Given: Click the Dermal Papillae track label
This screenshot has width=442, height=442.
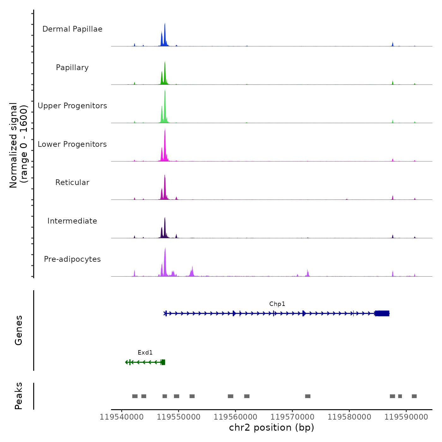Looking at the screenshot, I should point(72,29).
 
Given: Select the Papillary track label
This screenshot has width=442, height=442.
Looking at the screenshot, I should point(72,68).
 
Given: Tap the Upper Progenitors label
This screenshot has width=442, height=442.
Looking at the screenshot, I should point(72,106).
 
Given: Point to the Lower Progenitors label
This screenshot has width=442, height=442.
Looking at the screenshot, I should point(72,144).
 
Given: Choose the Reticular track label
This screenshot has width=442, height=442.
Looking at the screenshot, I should point(72,182).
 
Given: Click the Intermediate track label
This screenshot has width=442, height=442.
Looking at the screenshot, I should point(72,221).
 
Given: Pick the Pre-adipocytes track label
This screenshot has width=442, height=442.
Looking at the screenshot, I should point(72,259).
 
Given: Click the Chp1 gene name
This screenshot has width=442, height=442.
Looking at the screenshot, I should point(277,304).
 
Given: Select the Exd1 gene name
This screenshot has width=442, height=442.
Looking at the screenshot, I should point(145,353).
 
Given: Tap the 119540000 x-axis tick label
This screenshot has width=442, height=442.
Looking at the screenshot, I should point(122,417).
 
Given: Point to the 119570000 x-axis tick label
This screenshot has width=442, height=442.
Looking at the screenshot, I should point(292,417).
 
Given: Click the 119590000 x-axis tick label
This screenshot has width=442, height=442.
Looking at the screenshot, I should point(406,417).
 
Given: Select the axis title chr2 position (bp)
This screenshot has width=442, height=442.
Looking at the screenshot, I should point(272,427).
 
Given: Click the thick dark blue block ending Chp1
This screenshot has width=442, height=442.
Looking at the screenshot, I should point(382,314).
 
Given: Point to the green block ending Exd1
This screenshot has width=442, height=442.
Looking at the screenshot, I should point(163,362).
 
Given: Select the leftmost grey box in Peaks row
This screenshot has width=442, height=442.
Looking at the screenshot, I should point(135,396).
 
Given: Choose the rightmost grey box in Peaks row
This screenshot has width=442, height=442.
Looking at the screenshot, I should point(414,396).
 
